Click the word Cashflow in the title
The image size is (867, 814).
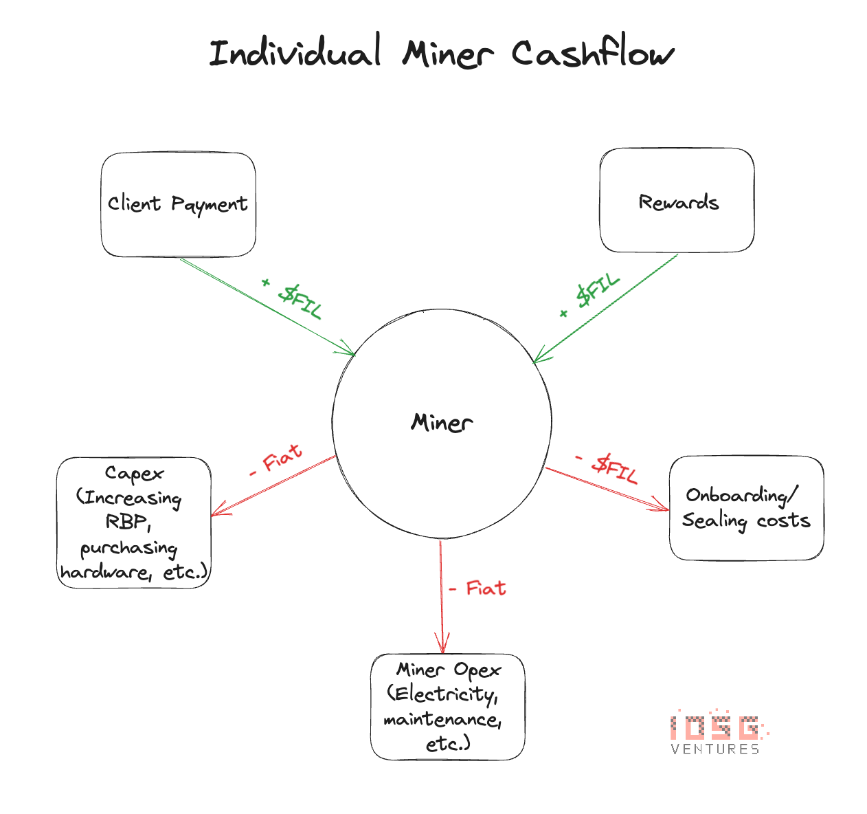coord(592,54)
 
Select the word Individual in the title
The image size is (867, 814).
coord(295,54)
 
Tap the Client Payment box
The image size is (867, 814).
coord(178,204)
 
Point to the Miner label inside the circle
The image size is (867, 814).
coord(442,422)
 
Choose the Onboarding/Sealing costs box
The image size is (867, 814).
coord(746,508)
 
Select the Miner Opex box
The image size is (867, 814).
coord(448,707)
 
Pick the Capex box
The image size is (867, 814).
coord(133,522)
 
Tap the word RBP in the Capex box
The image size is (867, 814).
coord(128,522)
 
